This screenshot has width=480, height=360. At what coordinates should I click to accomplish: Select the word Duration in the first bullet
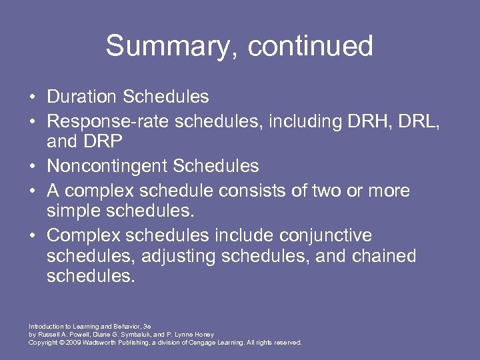pos(81,97)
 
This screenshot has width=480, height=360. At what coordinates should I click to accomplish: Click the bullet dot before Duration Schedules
pos(32,97)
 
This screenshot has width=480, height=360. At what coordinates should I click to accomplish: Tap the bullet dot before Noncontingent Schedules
pos(32,166)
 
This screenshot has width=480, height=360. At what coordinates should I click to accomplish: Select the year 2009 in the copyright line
pos(70,343)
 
